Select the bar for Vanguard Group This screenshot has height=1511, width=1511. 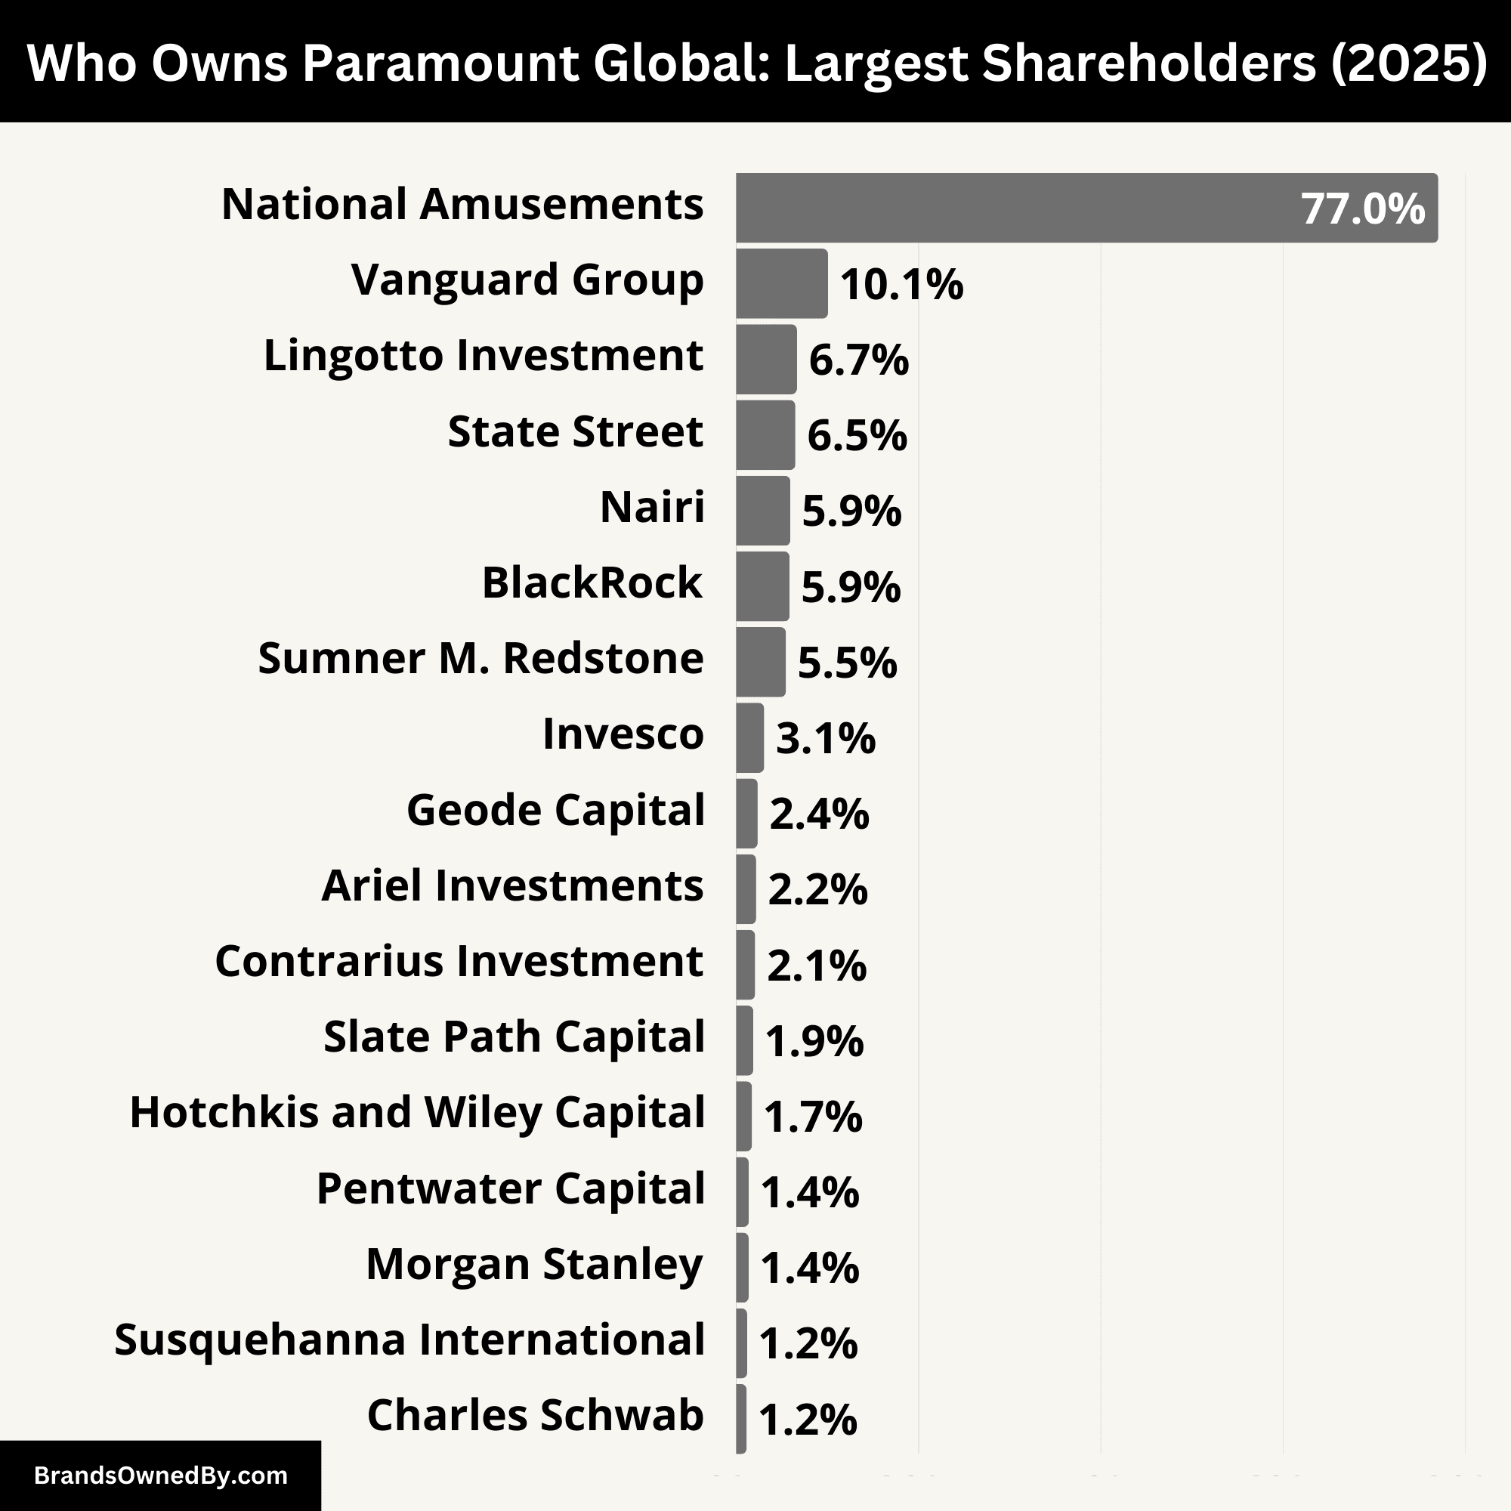coord(780,283)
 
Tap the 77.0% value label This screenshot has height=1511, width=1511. coord(1362,209)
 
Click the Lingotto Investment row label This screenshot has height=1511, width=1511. coord(484,356)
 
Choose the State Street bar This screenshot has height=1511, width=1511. coord(765,435)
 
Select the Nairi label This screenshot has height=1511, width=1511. coord(652,507)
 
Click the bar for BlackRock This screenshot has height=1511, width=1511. coord(762,586)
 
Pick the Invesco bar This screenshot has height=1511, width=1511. coord(749,737)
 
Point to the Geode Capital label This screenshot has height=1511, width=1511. coord(555,810)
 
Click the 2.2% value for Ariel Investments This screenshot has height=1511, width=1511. coord(817,889)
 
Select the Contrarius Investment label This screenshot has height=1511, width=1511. coord(459,961)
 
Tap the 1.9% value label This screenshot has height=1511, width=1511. coord(814,1040)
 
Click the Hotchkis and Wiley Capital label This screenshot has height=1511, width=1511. coord(418,1113)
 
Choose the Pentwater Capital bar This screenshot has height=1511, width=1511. coord(741,1192)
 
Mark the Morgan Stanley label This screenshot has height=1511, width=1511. coord(535,1265)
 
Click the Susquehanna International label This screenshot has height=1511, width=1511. coord(409,1340)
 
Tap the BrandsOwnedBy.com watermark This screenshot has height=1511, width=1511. coord(160,1475)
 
